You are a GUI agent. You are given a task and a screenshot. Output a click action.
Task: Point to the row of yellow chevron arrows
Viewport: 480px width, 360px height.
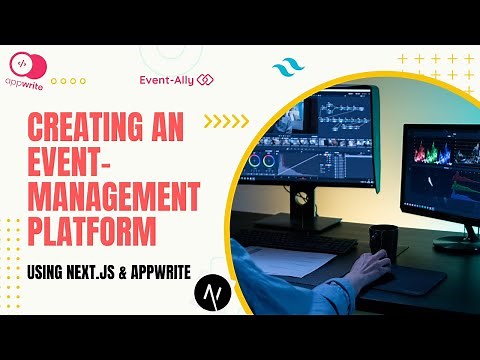pos(226,122)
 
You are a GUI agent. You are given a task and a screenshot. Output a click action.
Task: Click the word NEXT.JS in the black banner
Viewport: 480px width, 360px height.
pos(114,271)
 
